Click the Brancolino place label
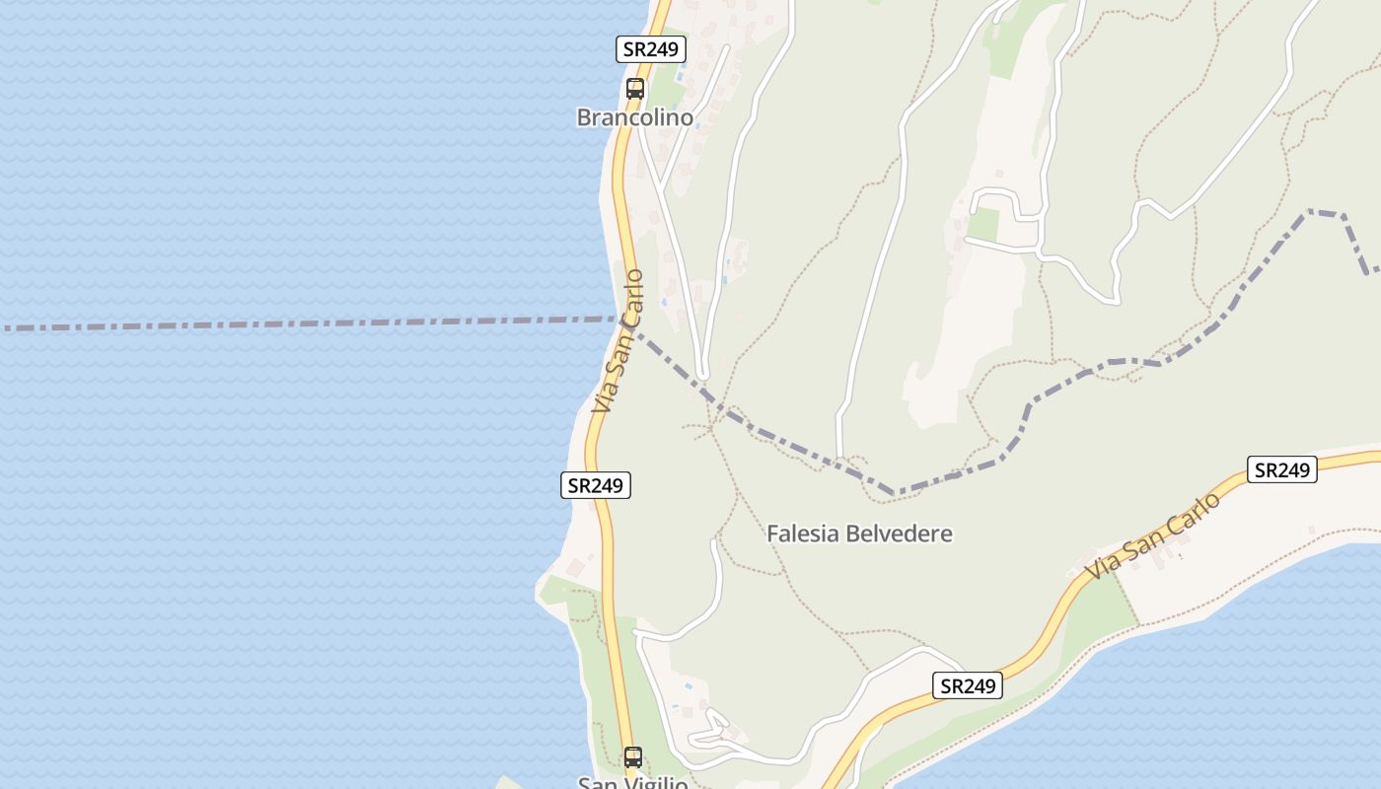pos(634,117)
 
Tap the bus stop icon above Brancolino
pos(635,88)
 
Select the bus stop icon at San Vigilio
pos(633,757)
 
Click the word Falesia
pos(802,534)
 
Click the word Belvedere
pos(898,534)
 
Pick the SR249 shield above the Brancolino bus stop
pos(651,49)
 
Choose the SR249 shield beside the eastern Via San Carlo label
pos(1281,469)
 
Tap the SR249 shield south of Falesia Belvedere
pos(967,685)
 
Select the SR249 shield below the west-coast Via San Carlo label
pos(596,485)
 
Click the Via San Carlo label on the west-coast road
pos(618,341)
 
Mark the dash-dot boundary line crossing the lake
pos(296,323)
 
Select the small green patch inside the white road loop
pos(982,225)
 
